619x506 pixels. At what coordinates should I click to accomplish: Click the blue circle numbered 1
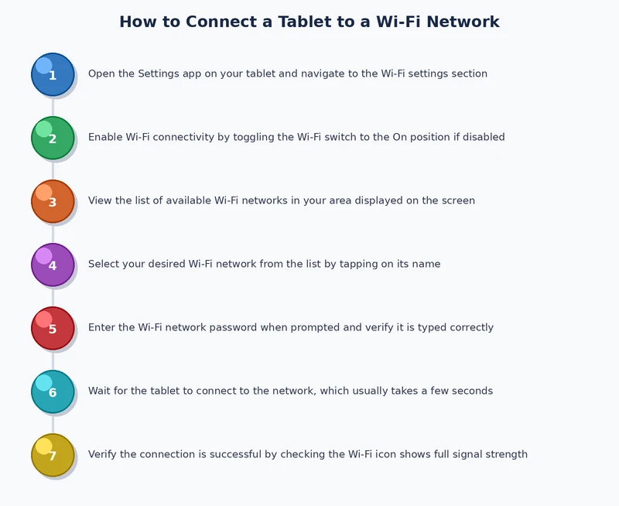pyautogui.click(x=53, y=74)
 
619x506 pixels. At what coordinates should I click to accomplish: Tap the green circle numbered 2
pyautogui.click(x=53, y=138)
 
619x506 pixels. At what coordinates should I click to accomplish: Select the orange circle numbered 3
pyautogui.click(x=53, y=201)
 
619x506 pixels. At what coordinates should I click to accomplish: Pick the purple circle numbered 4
pyautogui.click(x=53, y=265)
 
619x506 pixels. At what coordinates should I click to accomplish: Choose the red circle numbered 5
pyautogui.click(x=53, y=328)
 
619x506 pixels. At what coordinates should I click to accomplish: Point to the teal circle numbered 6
pyautogui.click(x=53, y=391)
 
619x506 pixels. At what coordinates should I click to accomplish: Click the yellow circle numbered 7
pyautogui.click(x=53, y=455)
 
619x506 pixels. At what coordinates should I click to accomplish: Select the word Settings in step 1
pyautogui.click(x=159, y=74)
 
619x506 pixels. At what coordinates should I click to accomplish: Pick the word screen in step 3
pyautogui.click(x=456, y=201)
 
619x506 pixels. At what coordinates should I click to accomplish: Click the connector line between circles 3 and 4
pyautogui.click(x=53, y=233)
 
